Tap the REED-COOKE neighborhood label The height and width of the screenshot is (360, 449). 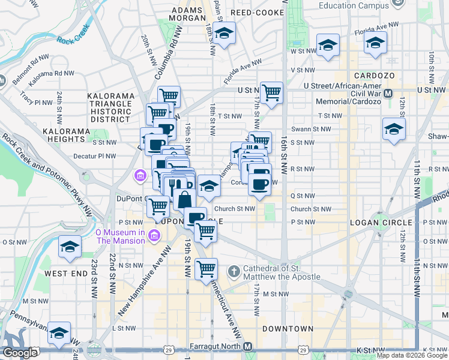[x=253, y=12]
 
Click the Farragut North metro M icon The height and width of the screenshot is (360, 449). [x=248, y=347]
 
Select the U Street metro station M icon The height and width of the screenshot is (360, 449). [x=388, y=93]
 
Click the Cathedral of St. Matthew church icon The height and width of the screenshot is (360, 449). [x=234, y=271]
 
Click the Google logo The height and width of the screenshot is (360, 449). [x=20, y=353]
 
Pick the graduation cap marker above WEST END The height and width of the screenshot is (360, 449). [x=70, y=247]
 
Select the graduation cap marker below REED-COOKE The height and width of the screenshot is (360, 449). [x=224, y=34]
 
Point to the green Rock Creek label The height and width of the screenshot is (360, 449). [x=73, y=35]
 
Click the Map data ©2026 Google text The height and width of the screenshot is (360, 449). [x=412, y=355]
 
